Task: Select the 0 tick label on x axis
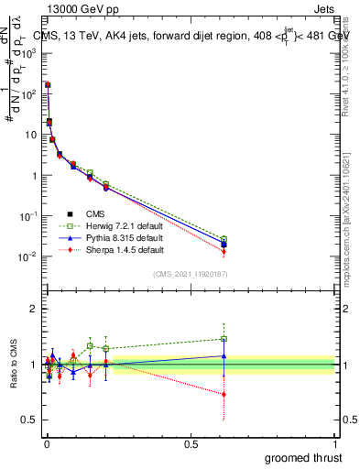45,442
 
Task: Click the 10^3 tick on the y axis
29,53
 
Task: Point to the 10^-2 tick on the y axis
29,256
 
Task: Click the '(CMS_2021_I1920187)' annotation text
191,273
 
